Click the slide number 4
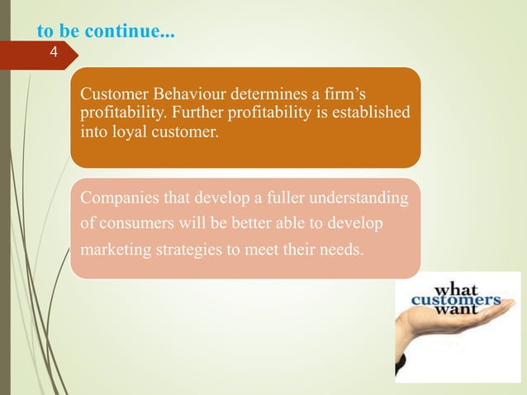pos(54,54)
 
